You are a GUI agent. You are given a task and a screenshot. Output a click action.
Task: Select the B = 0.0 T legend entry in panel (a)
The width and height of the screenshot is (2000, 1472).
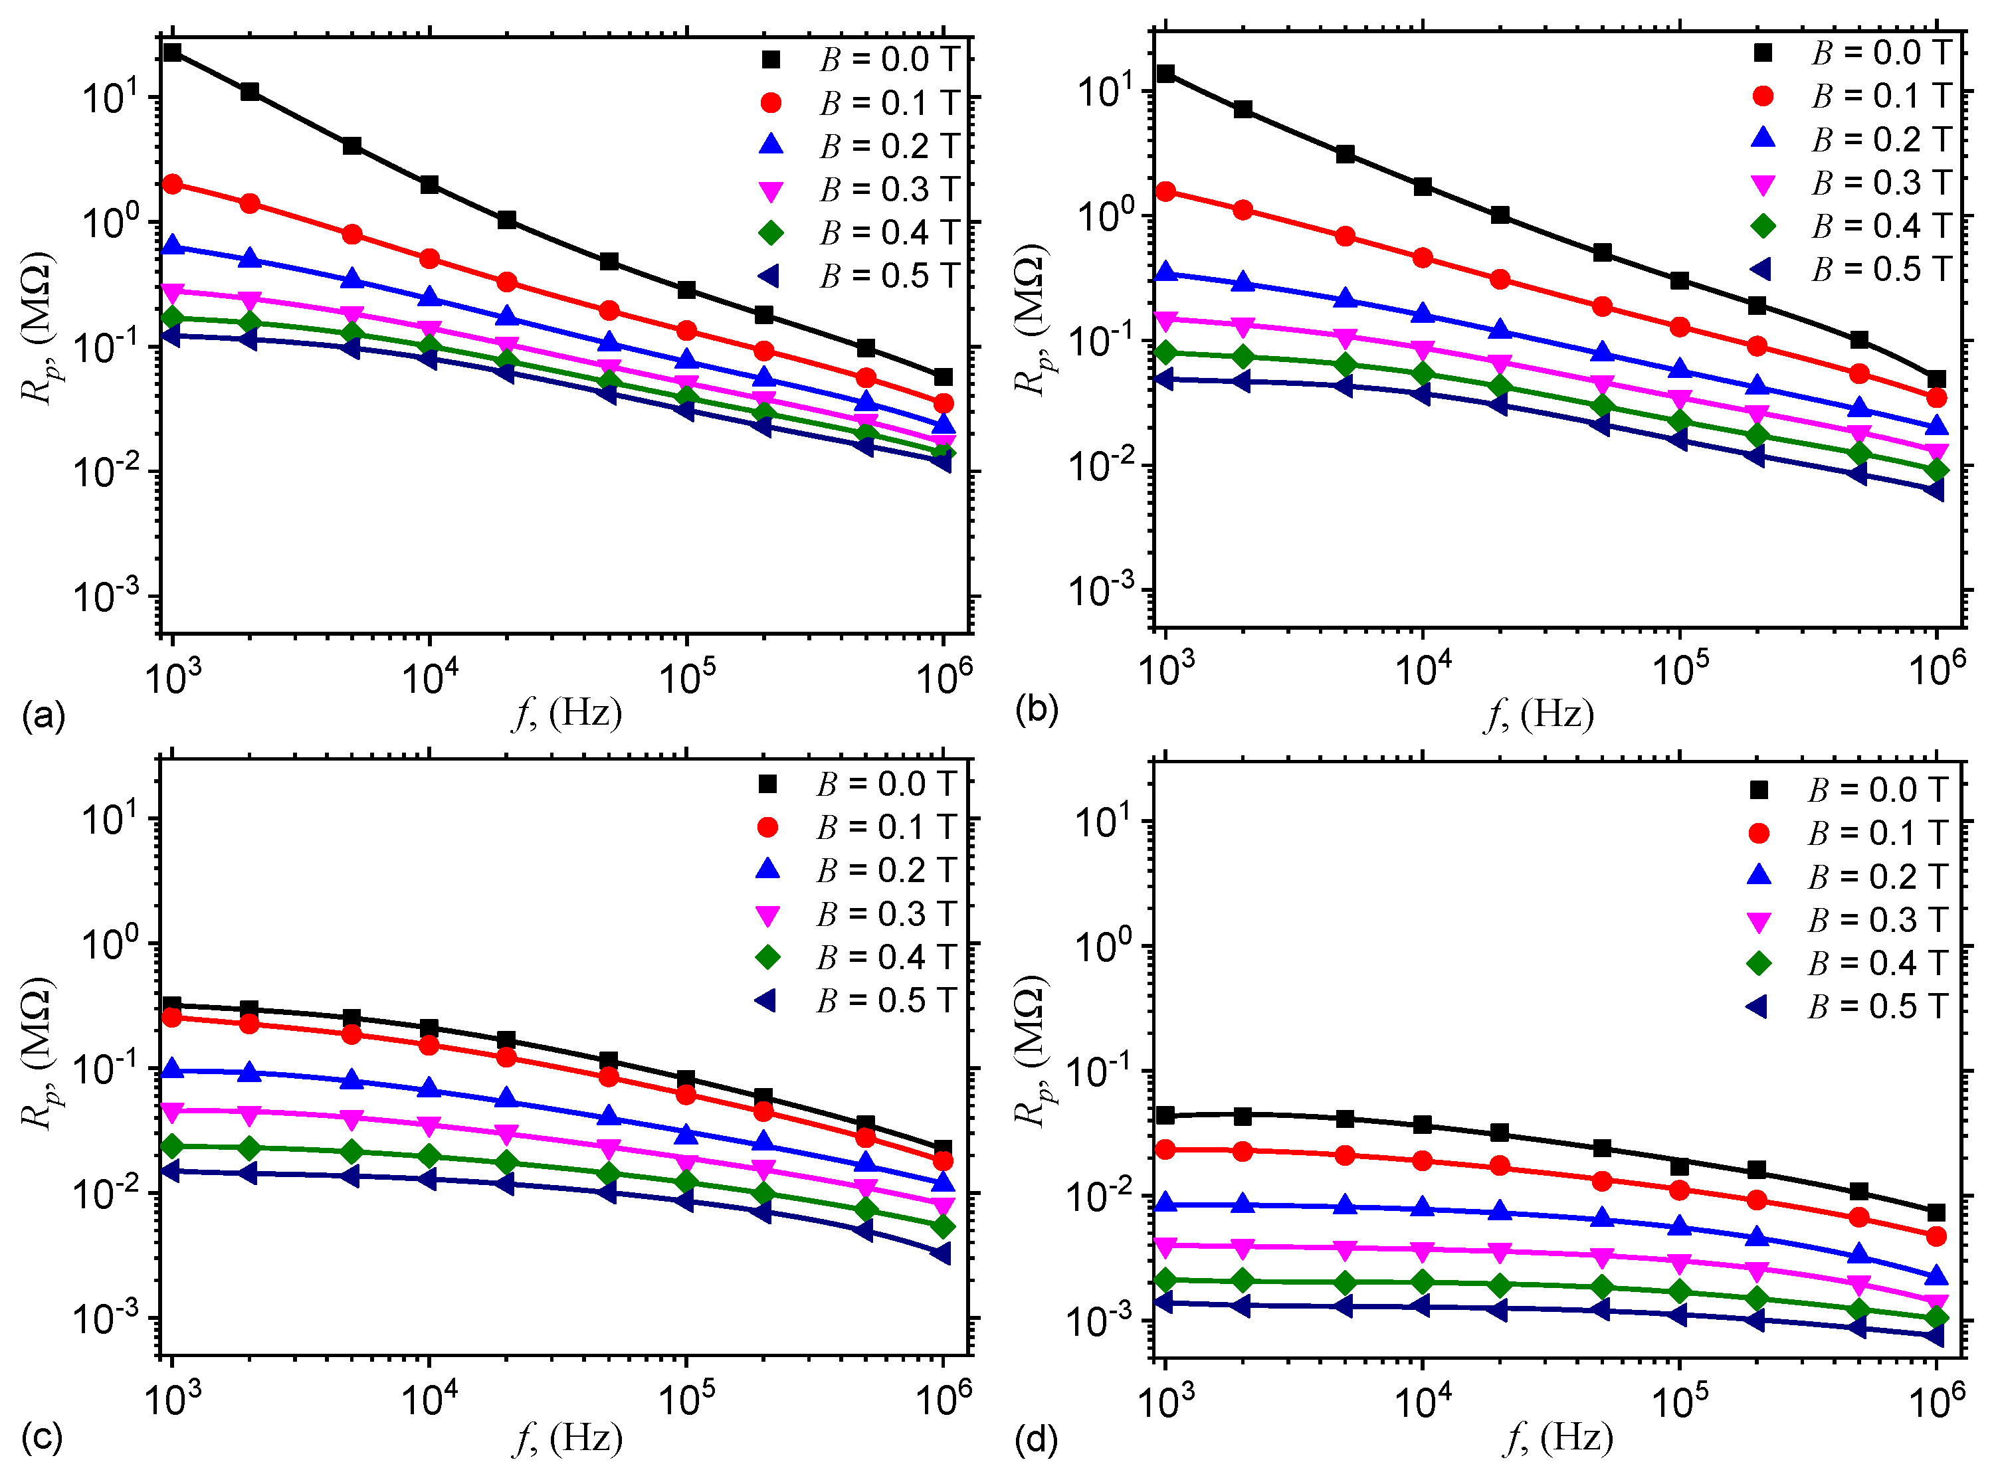(860, 60)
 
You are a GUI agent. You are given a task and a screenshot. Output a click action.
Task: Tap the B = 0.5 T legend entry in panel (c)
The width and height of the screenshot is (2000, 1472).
(856, 1000)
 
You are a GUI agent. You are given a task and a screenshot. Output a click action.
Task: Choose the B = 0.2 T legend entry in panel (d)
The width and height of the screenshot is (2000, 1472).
(1849, 877)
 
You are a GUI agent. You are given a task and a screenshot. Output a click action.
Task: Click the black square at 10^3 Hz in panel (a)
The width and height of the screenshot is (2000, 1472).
(172, 52)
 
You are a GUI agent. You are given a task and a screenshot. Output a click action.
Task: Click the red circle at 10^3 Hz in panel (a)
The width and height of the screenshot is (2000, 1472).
(172, 185)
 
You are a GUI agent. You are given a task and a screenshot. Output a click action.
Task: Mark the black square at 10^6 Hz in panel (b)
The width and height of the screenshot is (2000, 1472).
(1936, 379)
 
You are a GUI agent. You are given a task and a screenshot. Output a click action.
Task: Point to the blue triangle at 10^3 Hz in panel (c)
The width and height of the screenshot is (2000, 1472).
(172, 1069)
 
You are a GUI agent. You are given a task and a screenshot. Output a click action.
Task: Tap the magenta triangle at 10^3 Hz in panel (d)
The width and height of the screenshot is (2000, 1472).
(1165, 1245)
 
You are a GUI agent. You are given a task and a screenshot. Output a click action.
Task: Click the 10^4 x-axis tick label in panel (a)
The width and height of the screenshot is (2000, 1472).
(430, 677)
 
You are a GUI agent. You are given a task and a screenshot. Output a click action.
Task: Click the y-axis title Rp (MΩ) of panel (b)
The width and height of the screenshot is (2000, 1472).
(1031, 319)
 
